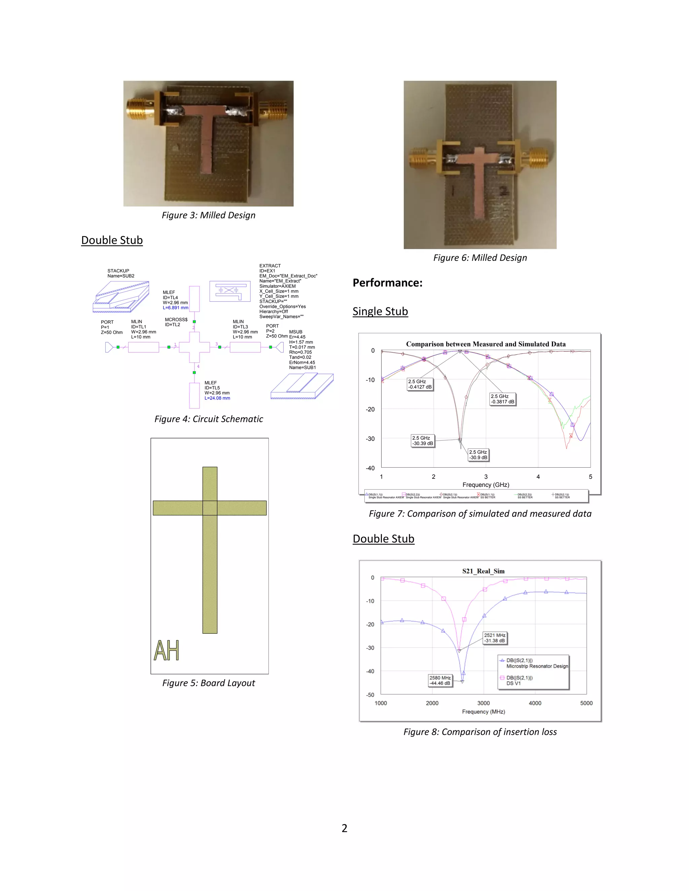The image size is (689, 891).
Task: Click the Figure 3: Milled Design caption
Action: (209, 216)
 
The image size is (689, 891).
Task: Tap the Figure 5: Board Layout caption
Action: (209, 683)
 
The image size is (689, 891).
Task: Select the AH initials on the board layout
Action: (167, 650)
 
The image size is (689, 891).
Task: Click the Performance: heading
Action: (387, 283)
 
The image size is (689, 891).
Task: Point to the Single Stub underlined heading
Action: (380, 311)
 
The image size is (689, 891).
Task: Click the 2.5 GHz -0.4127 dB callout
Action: (420, 384)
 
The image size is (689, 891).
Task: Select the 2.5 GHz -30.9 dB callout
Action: (478, 455)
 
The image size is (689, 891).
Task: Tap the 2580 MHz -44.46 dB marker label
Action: (440, 681)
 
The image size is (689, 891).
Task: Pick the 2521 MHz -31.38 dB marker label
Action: (495, 637)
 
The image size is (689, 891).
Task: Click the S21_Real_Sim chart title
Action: (483, 571)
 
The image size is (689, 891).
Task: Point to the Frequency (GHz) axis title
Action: (486, 485)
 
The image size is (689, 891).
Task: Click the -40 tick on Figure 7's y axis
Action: (370, 468)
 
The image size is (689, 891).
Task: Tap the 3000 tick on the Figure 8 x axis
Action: (483, 703)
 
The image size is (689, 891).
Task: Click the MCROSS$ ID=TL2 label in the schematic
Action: (176, 322)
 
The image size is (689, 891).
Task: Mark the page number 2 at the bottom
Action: (344, 828)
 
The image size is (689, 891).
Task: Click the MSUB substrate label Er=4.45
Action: (297, 337)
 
